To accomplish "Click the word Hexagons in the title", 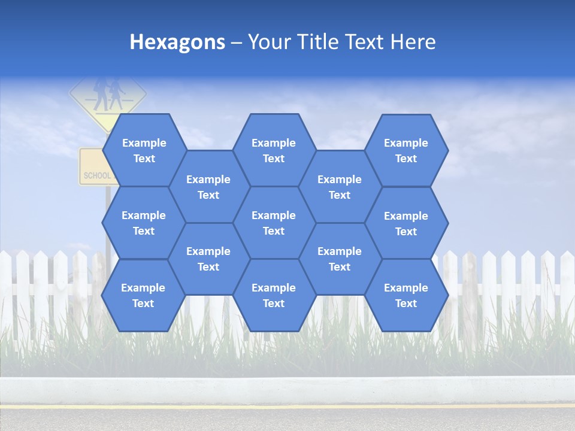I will coord(177,42).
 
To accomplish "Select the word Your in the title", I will coord(267,42).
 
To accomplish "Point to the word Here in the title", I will coord(413,42).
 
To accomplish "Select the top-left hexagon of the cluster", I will coord(144,150).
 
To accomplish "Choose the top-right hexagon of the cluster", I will coord(406,150).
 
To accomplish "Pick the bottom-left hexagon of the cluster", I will coord(143,295).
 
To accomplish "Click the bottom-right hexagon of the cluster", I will coord(406,295).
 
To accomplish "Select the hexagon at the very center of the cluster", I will coord(274,223).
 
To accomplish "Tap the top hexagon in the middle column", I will coord(274,150).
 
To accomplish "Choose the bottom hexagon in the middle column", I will coord(274,295).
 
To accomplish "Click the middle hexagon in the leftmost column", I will coord(144,223).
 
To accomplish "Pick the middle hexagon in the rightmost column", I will coord(406,223).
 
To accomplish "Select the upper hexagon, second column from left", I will coord(208,187).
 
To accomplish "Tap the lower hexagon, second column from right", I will coord(340,259).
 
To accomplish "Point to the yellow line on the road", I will coord(287,406).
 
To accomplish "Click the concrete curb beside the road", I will coord(287,389).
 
